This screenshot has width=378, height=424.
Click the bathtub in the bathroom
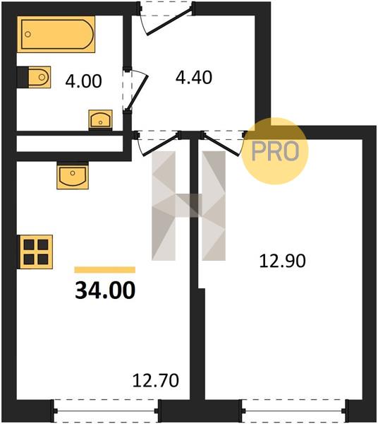tap(56, 34)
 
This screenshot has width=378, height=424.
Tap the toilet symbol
tap(39, 77)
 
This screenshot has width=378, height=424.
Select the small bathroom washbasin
tap(100, 119)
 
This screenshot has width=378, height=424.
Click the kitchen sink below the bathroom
tap(73, 177)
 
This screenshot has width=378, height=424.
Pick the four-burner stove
tap(35, 252)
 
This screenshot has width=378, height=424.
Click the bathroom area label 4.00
tap(84, 81)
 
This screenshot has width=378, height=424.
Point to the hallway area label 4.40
tap(194, 77)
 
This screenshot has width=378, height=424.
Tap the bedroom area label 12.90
tap(282, 261)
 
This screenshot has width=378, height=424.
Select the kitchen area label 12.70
tap(156, 380)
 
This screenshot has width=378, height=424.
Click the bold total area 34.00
tap(105, 290)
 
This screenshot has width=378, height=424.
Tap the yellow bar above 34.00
tap(105, 270)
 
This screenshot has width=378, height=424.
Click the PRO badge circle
tap(274, 151)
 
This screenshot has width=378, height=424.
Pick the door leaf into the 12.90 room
tap(221, 145)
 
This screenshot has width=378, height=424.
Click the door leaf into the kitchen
tap(161, 144)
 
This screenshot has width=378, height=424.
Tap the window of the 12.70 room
tap(106, 411)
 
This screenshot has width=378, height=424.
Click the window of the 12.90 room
tap(293, 411)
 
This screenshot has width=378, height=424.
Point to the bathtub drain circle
tap(28, 35)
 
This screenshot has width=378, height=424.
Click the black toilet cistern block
tap(23, 77)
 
